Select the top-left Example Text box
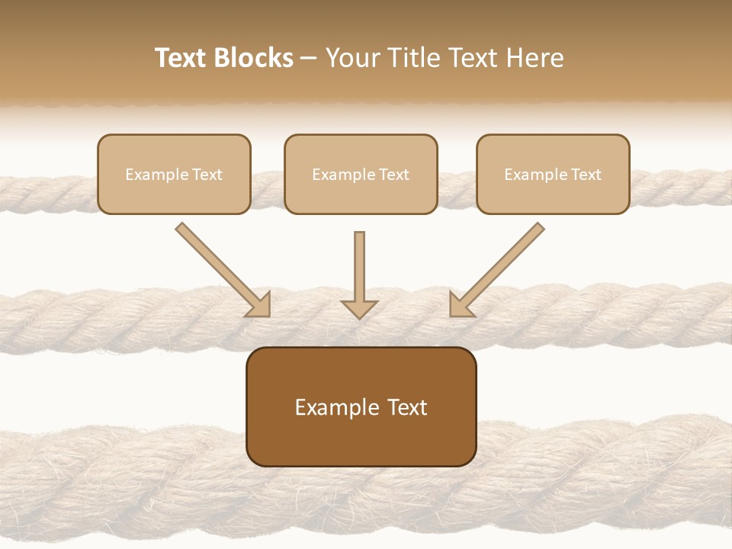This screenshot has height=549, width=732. point(174,174)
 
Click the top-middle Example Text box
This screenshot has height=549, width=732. point(361,174)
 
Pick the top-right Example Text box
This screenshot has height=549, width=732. point(553,174)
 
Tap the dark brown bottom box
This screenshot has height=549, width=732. point(361,406)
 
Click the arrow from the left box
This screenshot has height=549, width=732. point(222,269)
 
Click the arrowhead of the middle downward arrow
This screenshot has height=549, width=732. point(359,308)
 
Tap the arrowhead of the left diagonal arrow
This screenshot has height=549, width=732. point(259,306)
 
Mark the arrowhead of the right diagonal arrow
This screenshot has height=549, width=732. point(460,306)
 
